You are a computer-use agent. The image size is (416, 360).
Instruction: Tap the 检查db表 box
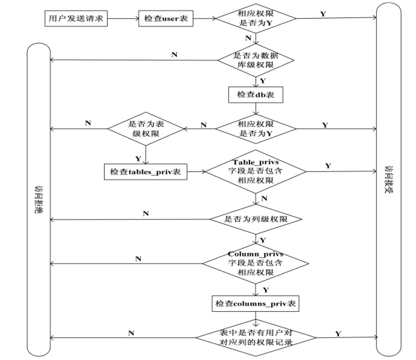click(255, 95)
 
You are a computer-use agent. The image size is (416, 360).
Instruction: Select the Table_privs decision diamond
click(256, 171)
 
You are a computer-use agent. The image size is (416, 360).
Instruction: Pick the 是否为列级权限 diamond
click(257, 219)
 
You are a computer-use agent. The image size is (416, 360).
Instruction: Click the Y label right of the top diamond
click(323, 13)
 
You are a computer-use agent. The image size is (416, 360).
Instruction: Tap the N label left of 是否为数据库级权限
click(174, 54)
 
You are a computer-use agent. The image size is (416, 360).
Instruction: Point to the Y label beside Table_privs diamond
click(328, 165)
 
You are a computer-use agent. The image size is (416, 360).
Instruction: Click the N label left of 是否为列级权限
click(146, 214)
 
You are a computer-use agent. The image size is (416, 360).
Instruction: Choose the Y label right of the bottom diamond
click(338, 334)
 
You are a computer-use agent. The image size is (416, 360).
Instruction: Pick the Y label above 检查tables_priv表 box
click(138, 159)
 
